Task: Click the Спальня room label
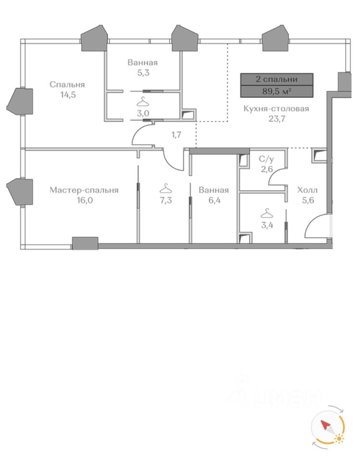(67, 85)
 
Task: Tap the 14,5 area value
(67, 94)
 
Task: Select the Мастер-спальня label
(84, 190)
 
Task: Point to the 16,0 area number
(84, 200)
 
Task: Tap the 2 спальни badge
(277, 79)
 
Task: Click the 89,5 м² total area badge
(277, 91)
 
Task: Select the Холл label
(308, 190)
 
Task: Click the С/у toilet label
(266, 159)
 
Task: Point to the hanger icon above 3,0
(143, 102)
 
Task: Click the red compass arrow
(325, 426)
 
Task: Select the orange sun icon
(340, 438)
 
